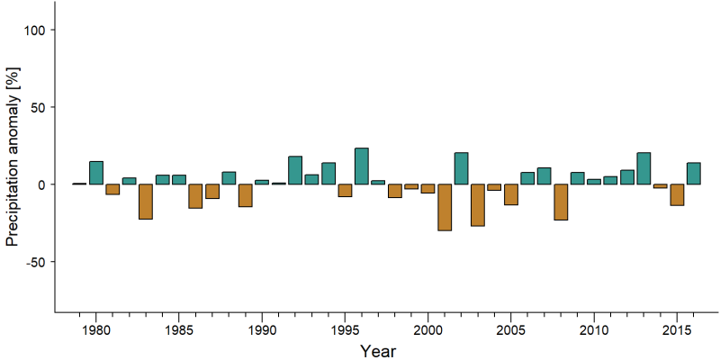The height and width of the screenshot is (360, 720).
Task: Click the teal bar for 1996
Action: click(362, 166)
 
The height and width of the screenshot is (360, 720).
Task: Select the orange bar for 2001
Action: click(445, 207)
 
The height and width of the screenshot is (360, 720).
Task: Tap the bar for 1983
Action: click(146, 202)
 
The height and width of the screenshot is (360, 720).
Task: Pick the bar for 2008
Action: click(561, 202)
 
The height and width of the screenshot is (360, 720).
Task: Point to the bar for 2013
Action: click(643, 168)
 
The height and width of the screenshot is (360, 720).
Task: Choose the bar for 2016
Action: click(694, 174)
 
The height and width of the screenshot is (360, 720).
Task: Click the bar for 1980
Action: click(96, 173)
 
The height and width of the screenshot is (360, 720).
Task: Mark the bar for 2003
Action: click(478, 205)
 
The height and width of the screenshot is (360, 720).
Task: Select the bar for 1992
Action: click(295, 170)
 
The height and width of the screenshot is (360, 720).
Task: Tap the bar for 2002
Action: click(461, 168)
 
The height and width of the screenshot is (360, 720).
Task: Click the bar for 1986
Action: click(195, 196)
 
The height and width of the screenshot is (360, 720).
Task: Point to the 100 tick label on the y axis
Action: click(33, 30)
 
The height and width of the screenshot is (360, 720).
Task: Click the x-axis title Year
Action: click(377, 351)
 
